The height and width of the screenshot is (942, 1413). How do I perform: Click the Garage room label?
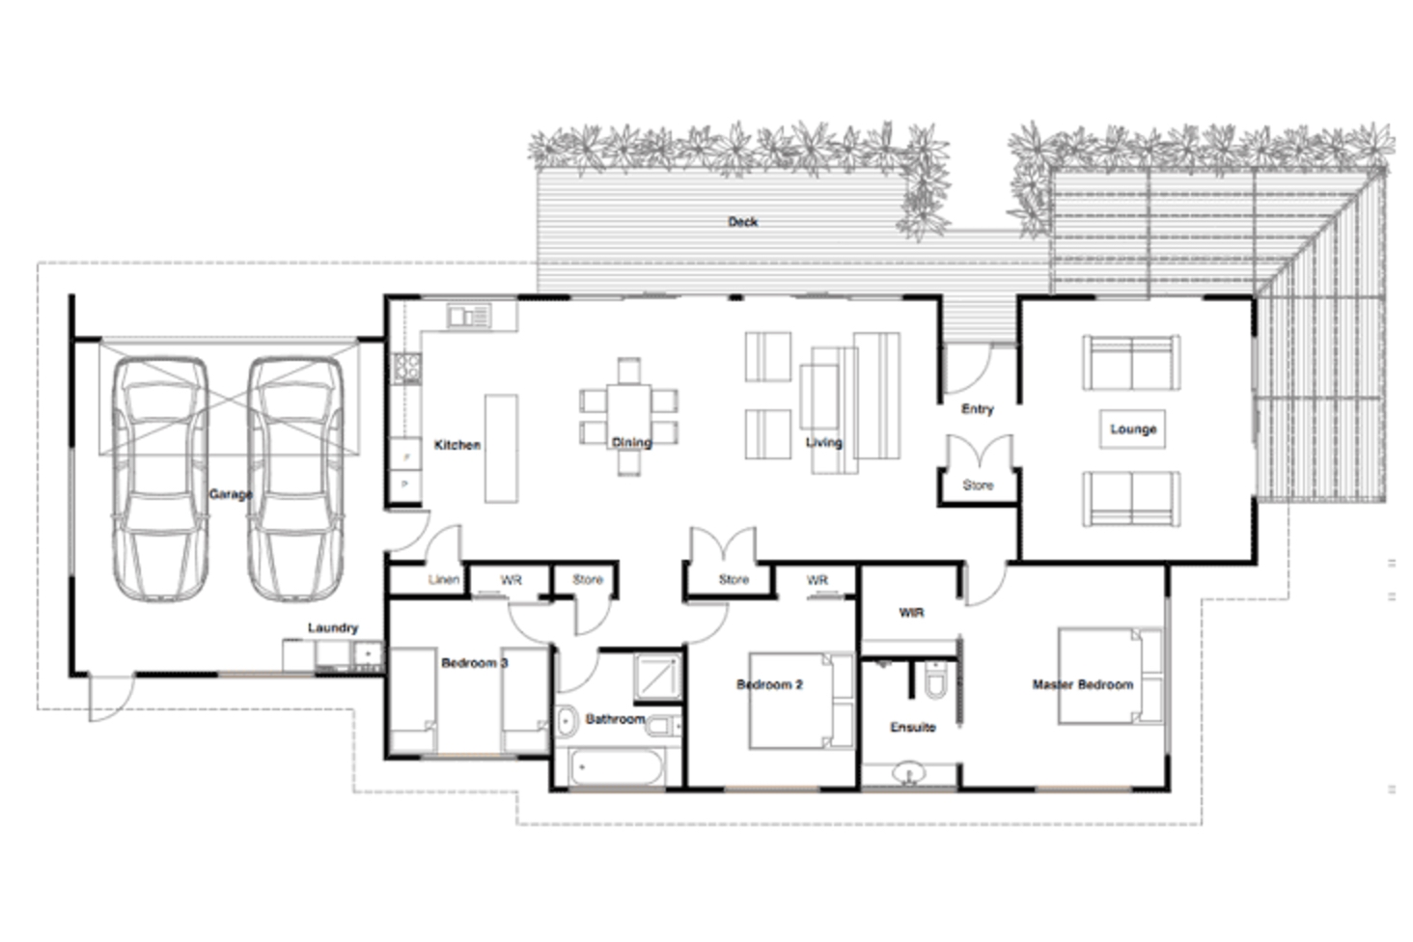[x=231, y=494]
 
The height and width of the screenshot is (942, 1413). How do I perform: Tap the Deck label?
[x=742, y=222]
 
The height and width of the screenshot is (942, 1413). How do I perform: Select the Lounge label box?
[x=1132, y=429]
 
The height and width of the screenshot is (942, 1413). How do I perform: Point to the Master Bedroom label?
[x=1082, y=684]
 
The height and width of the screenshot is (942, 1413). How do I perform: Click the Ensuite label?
[x=912, y=727]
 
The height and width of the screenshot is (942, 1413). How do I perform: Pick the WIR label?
[x=911, y=612]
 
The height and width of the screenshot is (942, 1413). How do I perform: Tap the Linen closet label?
[x=444, y=580]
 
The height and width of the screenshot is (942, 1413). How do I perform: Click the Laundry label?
[x=332, y=627]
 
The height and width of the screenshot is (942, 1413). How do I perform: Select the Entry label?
[x=977, y=409]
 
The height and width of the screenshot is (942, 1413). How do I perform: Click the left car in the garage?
[x=160, y=478]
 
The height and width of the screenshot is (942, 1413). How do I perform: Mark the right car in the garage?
[x=295, y=478]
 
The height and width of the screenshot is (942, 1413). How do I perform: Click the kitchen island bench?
[x=501, y=448]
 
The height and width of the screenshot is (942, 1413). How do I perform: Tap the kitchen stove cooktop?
[x=406, y=367]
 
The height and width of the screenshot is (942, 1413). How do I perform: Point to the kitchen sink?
[x=469, y=316]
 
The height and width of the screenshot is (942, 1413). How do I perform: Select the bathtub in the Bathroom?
[x=616, y=769]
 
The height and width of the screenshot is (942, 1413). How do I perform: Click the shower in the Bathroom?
[x=657, y=676]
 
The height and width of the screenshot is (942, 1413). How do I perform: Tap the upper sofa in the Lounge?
[x=1130, y=363]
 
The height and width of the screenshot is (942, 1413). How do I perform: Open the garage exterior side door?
[x=109, y=698]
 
